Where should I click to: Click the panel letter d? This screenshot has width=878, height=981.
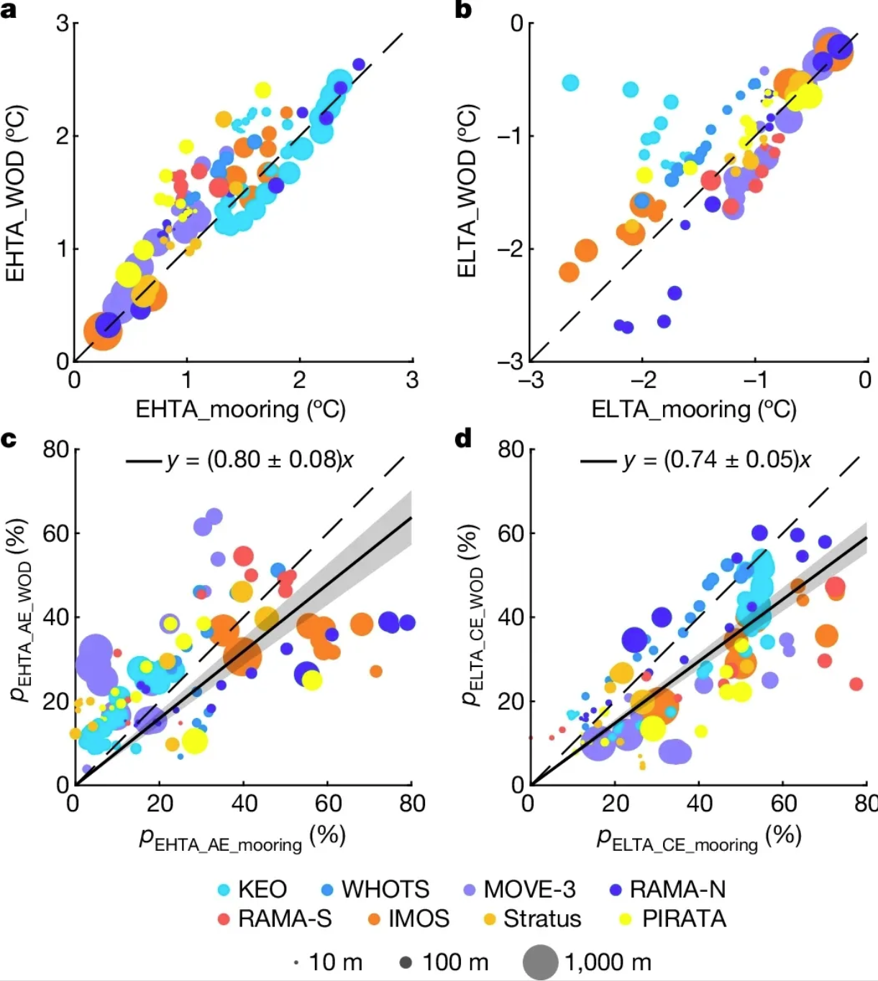tap(464, 438)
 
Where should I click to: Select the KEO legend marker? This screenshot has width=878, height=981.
tap(224, 890)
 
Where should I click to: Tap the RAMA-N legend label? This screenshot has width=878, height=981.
tap(677, 890)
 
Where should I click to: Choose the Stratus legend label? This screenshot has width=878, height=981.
tap(542, 919)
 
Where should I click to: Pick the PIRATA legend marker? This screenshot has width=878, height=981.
tap(626, 919)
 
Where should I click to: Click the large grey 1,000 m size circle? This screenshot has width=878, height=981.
tap(540, 962)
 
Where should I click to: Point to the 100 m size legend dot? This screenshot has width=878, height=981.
tap(406, 962)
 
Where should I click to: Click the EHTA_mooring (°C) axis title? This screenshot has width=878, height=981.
tap(241, 410)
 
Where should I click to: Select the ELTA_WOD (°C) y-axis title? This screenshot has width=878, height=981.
tap(467, 192)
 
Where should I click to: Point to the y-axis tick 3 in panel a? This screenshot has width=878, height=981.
tap(63, 24)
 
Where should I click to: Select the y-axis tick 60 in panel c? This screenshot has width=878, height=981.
tap(55, 533)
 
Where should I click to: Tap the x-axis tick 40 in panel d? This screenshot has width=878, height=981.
tap(699, 803)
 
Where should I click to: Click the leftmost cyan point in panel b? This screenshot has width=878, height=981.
tap(570, 83)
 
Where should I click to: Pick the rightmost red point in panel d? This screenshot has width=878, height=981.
tap(856, 683)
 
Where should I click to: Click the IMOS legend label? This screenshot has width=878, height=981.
tap(419, 919)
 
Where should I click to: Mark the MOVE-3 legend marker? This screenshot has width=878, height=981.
tap(470, 890)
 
